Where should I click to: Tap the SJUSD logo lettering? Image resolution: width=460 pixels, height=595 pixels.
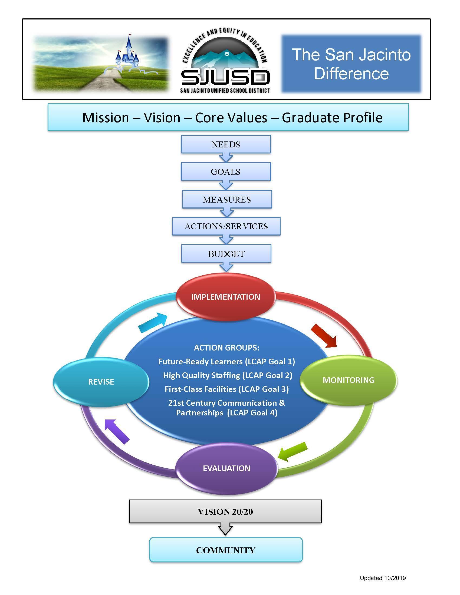tap(225, 77)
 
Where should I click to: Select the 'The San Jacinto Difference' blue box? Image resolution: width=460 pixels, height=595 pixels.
tap(351, 64)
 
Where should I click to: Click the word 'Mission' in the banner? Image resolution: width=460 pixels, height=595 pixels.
tap(106, 118)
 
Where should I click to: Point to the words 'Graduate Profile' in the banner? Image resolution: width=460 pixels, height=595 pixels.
tap(332, 118)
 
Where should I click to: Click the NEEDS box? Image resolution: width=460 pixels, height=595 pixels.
tap(226, 144)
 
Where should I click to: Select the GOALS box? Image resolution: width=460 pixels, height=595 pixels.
tap(226, 172)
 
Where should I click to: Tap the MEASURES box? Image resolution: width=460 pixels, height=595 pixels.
tap(227, 199)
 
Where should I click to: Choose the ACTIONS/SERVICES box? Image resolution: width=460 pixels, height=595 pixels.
tap(226, 226)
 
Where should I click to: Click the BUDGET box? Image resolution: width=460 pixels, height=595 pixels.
tap(226, 254)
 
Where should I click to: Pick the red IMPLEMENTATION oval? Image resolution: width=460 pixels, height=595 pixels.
tap(226, 297)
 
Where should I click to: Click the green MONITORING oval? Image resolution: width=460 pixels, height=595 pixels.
tap(348, 380)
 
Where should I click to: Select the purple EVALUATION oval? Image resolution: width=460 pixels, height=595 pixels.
tap(226, 468)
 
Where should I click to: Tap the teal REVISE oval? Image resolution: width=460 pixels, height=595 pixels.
tap(101, 382)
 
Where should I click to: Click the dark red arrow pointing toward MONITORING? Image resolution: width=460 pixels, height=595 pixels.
tap(324, 336)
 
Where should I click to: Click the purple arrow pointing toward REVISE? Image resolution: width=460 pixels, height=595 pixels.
tap(117, 431)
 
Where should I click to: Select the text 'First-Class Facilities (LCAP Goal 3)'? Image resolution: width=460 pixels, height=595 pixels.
tap(226, 389)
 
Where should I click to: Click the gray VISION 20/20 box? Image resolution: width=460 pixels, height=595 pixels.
tap(225, 511)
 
